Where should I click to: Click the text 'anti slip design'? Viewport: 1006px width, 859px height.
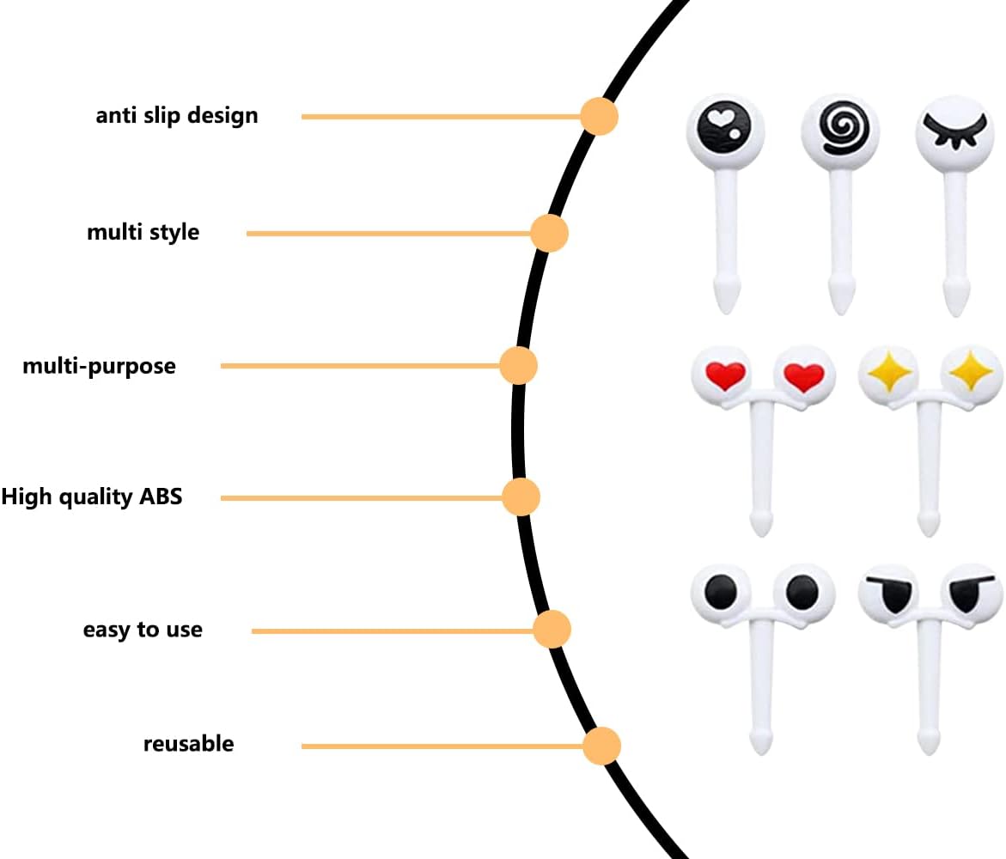tap(177, 115)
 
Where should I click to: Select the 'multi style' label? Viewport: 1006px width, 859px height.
tap(143, 232)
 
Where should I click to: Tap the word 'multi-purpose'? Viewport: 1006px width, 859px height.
tap(99, 366)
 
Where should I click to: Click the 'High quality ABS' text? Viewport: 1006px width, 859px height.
tap(92, 497)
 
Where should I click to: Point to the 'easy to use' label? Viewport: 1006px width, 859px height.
tap(143, 630)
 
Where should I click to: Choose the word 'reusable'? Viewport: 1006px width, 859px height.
tap(188, 743)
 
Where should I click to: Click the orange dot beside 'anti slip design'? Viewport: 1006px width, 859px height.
tap(599, 116)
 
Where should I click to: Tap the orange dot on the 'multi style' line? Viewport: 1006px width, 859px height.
tap(549, 233)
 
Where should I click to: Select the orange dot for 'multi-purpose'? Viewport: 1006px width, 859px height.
tap(518, 366)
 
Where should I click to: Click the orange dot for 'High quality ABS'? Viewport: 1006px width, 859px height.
tap(521, 497)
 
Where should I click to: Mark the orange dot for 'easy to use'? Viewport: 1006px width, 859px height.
tap(552, 630)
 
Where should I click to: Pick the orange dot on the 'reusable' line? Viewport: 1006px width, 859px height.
tap(601, 746)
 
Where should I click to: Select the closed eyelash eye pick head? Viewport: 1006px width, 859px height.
tap(954, 132)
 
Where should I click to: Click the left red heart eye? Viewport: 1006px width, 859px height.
tap(724, 375)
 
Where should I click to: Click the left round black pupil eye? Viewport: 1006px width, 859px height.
tap(721, 590)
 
